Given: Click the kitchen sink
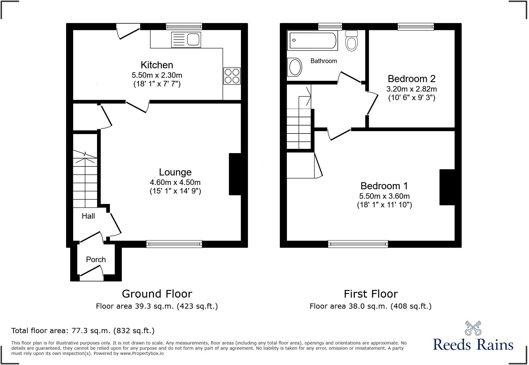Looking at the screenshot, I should pos(186,40).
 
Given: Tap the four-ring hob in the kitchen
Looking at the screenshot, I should pos(232,76).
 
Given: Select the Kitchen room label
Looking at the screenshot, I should pos(157,65).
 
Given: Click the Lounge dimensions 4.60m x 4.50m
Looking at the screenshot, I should pos(175,182).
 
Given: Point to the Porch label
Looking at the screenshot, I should pos(96,260).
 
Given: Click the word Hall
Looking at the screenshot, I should pos(88,216).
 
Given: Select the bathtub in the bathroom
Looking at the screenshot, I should pos(312,40).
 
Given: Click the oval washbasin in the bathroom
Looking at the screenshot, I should pos(295,67).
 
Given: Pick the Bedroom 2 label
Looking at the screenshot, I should pos(411,79).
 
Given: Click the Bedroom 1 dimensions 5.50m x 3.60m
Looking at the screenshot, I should pos(384,196).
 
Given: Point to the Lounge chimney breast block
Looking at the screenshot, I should pos(235,174).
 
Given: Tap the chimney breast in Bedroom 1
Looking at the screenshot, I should pos(447,187).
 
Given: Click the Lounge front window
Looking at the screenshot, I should pos(174,244).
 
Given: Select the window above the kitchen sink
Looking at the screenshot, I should pos(184,27).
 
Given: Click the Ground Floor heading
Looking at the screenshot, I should pos(157,294).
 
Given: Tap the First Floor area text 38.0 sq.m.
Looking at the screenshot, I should pos(370,306).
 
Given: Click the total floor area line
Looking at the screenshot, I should pos(83,331).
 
